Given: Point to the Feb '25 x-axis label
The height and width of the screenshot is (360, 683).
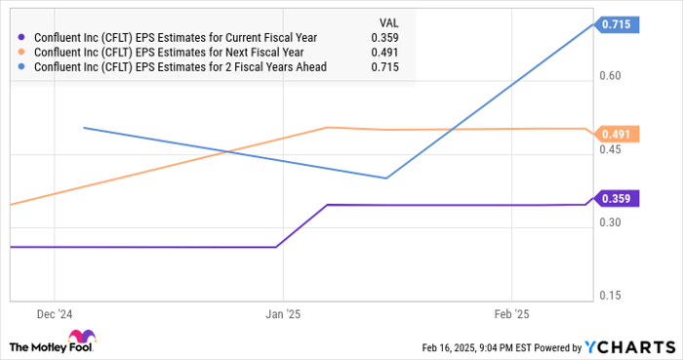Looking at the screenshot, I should [x=511, y=314].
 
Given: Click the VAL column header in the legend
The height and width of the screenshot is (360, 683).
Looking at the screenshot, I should [x=387, y=22].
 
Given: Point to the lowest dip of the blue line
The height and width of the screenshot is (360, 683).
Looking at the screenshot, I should [x=387, y=178].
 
